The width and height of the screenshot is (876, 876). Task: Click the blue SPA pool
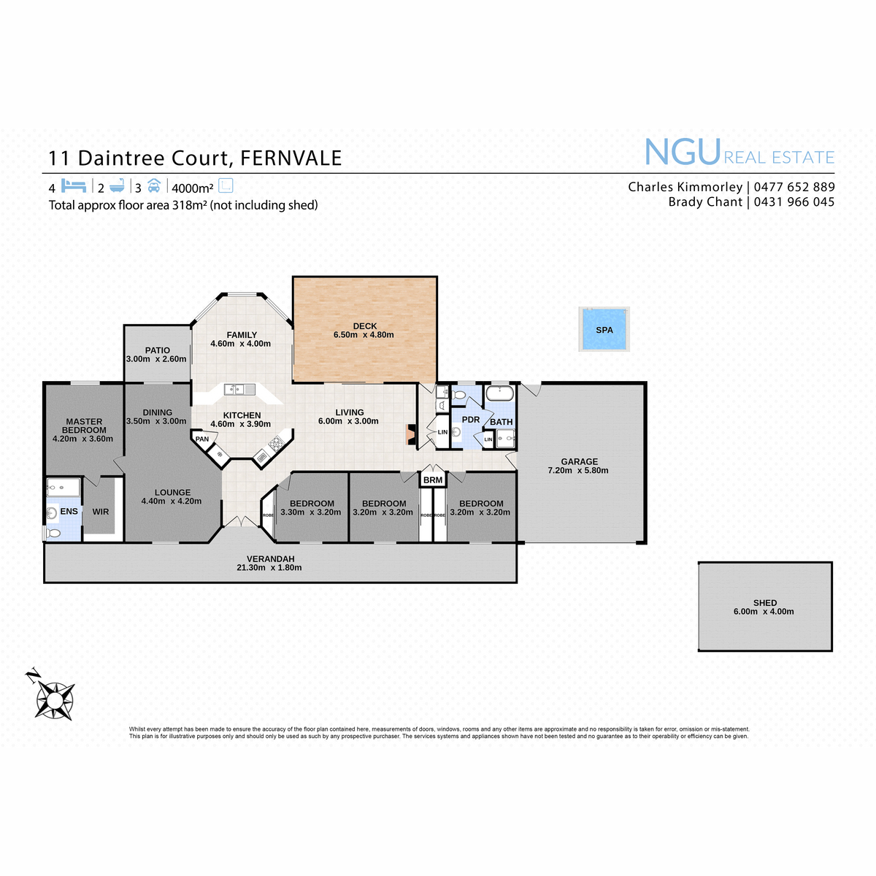point(604,329)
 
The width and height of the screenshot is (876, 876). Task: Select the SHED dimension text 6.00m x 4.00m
point(764,612)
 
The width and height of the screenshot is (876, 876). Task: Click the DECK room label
point(364,326)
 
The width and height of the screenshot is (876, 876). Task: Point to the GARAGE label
point(579,461)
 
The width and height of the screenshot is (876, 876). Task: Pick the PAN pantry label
point(201,439)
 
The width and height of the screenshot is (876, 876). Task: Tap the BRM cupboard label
point(432,480)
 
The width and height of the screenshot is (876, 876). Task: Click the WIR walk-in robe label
point(101,512)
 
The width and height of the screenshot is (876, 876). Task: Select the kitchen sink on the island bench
point(239,390)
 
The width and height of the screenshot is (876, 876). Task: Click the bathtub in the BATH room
point(499,392)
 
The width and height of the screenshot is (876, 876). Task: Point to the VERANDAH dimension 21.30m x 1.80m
point(269,567)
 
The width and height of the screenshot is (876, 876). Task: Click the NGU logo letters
point(683,153)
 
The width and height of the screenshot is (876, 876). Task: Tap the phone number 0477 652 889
point(794,187)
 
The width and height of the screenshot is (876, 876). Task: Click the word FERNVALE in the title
point(291,158)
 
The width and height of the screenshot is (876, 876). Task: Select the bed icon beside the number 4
point(73,185)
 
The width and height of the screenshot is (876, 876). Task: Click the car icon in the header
point(154,185)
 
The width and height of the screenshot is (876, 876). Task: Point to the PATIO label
point(157,350)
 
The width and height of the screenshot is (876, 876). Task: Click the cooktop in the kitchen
point(275,443)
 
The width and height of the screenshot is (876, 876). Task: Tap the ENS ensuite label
point(69,512)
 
